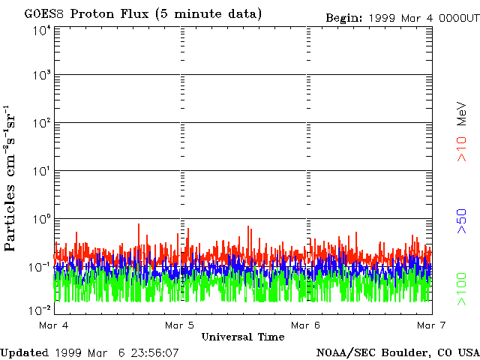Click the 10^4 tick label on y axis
[40, 31]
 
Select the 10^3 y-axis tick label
[40, 76]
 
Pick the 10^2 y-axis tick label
[40, 124]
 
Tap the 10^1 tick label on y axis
[40, 172]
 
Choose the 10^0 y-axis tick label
[40, 220]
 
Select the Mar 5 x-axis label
[180, 325]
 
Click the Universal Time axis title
[243, 337]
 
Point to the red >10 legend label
[463, 148]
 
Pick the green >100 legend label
[463, 289]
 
